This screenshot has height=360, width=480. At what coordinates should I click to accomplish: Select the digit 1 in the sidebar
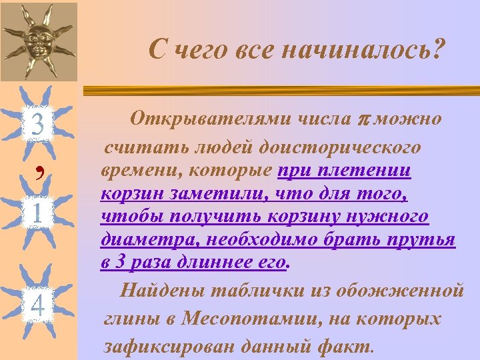37,214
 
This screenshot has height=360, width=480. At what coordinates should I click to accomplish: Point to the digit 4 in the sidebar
37,306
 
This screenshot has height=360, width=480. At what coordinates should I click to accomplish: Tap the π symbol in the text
363,120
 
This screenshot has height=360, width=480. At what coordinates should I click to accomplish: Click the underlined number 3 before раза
121,263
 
